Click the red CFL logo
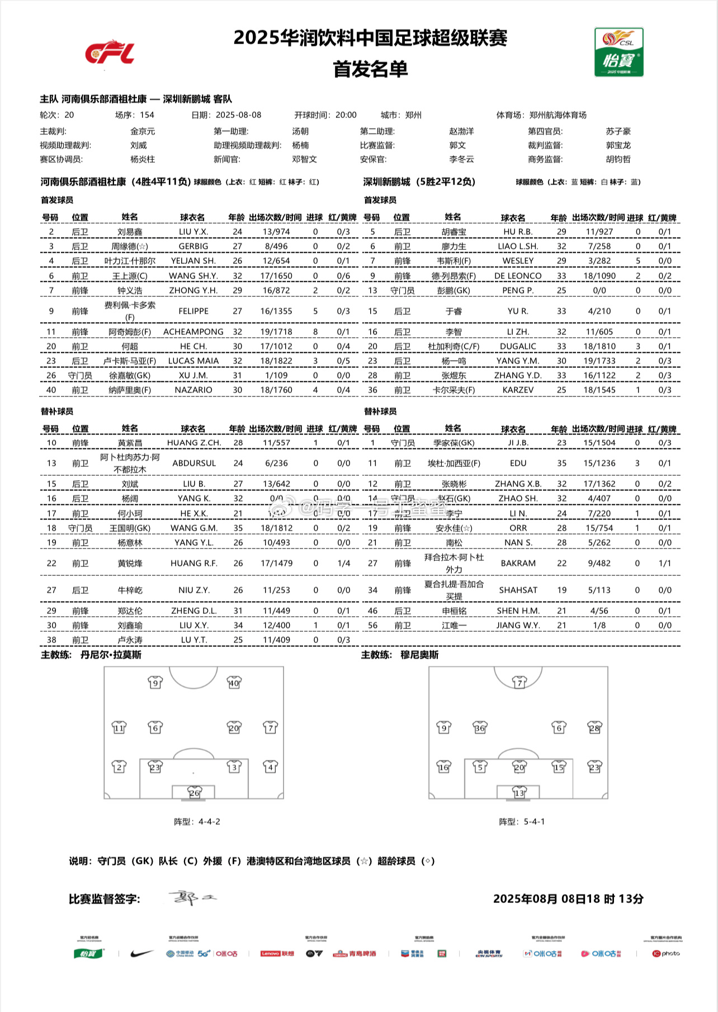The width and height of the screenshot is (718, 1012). (x=110, y=52)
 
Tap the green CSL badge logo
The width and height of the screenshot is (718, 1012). (x=618, y=52)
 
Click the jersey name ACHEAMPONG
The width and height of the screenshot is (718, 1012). (x=193, y=332)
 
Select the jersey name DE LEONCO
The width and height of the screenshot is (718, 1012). (x=518, y=276)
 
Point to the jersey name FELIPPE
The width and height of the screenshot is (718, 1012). (x=193, y=311)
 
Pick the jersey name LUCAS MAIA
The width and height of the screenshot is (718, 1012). (x=193, y=361)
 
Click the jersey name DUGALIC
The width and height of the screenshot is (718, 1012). (x=518, y=346)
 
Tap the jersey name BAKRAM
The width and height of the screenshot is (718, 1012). (x=518, y=563)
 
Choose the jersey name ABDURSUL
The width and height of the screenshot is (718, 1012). (x=193, y=463)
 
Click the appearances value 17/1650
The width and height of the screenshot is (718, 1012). (x=276, y=276)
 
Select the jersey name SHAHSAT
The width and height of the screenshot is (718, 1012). (x=518, y=590)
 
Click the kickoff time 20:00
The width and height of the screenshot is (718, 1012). (x=346, y=115)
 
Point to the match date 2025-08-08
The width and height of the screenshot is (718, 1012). (x=238, y=115)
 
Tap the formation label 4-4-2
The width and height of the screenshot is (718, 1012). (x=209, y=821)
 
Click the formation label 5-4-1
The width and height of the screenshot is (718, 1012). (x=534, y=821)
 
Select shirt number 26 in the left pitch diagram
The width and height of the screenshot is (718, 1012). (x=193, y=793)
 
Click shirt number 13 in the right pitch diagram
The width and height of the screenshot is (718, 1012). (x=519, y=793)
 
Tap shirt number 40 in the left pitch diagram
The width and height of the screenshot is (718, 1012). (x=234, y=682)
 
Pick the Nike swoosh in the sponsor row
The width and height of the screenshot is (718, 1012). (x=141, y=953)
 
